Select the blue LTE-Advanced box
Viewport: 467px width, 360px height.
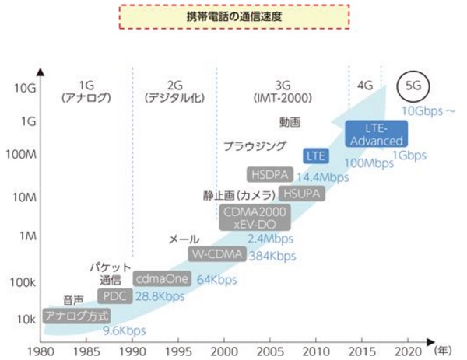tap(376, 134)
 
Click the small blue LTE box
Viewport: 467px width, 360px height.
tap(315, 156)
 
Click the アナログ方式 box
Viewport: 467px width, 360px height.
tap(75, 316)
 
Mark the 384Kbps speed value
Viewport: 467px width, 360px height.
tap(272, 256)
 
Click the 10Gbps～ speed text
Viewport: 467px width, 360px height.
tap(427, 111)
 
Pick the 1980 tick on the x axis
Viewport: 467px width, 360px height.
tap(43, 349)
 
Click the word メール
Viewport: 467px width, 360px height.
tap(184, 239)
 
